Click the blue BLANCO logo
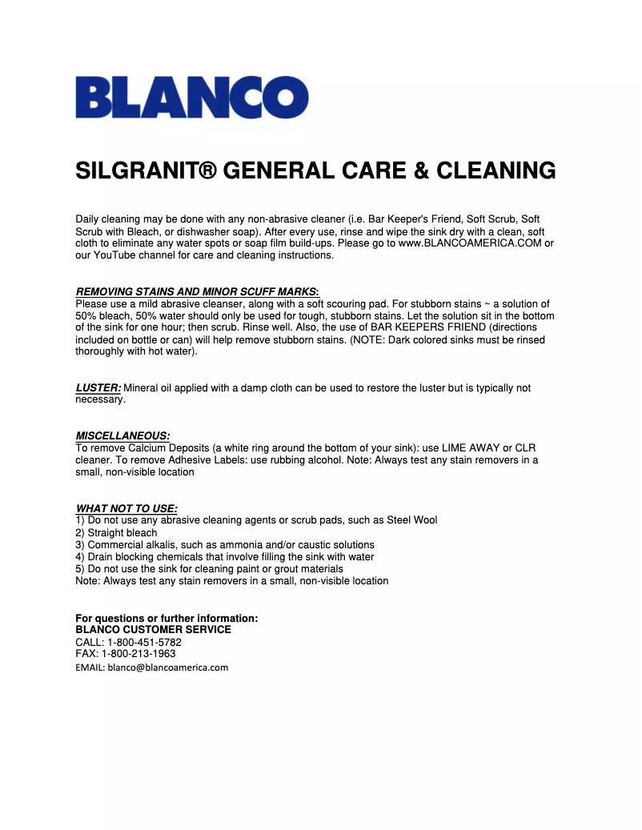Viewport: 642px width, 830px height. pyautogui.click(x=191, y=97)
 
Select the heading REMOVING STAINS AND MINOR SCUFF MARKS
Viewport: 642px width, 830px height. pyautogui.click(x=197, y=291)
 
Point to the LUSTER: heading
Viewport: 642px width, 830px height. pyautogui.click(x=98, y=387)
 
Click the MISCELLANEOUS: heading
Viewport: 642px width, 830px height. pyautogui.click(x=122, y=435)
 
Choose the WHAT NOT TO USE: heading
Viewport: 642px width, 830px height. pyautogui.click(x=126, y=508)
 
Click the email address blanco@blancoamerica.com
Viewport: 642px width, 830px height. pyautogui.click(x=168, y=667)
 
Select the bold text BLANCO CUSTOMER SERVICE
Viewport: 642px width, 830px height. pyautogui.click(x=153, y=630)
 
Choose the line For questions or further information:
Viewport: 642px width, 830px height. pyautogui.click(x=167, y=618)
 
